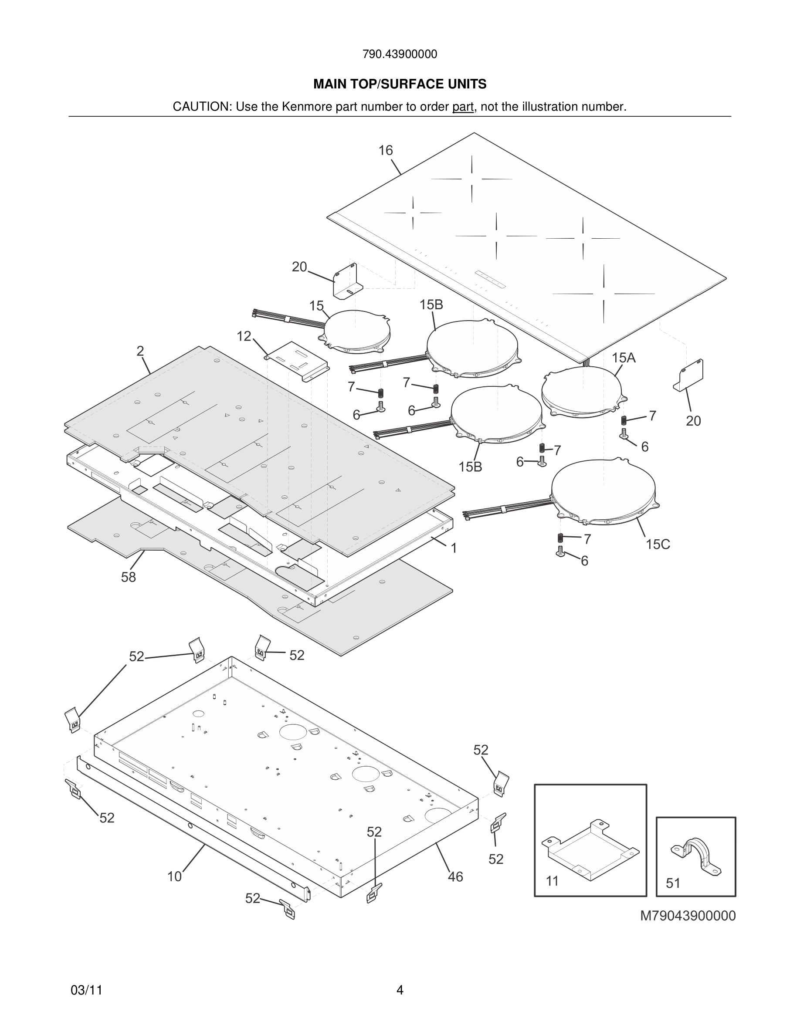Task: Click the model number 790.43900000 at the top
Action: tap(400, 54)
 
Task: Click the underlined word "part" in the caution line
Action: tap(463, 107)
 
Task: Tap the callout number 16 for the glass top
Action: tap(385, 150)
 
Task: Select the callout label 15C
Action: tap(658, 544)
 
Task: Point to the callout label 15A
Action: tap(623, 358)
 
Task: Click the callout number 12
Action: tap(244, 336)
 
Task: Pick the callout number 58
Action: tap(128, 577)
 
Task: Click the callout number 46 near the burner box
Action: tap(455, 877)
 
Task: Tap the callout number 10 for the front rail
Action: tap(174, 876)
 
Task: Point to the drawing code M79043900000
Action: tap(688, 916)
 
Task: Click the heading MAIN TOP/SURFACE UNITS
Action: tap(400, 85)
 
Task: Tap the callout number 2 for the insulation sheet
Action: tap(140, 351)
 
